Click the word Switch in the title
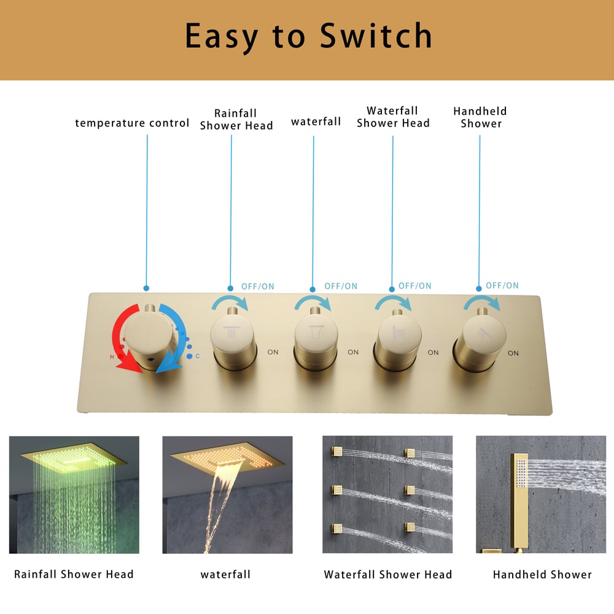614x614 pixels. (x=376, y=36)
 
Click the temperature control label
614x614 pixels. (x=132, y=123)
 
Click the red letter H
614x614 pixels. (x=112, y=357)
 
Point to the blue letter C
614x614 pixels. (x=197, y=356)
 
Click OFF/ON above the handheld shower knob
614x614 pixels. (x=502, y=286)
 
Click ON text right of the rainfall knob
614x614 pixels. (x=273, y=352)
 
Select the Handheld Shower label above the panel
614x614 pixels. (x=480, y=117)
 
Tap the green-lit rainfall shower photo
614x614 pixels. (x=74, y=494)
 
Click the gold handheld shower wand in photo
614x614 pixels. (x=520, y=501)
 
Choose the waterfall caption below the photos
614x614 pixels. (x=225, y=575)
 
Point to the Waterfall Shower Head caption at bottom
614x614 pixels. (x=387, y=575)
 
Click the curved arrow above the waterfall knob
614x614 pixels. (x=313, y=301)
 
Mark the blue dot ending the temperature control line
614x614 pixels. (x=147, y=288)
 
